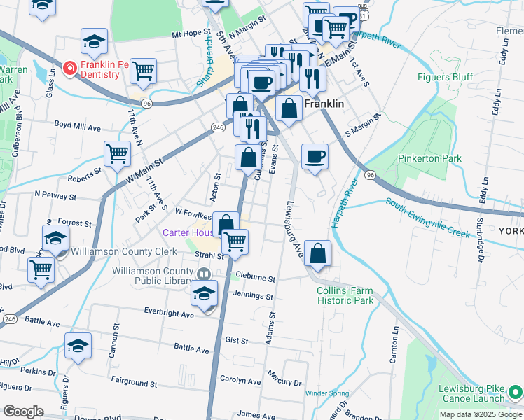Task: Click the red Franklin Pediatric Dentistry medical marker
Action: (69, 68)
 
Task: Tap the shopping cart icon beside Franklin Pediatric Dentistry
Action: (143, 69)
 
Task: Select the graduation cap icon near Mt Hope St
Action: (94, 42)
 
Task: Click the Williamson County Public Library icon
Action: (204, 274)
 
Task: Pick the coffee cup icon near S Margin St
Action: (315, 155)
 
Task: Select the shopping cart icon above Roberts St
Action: (117, 153)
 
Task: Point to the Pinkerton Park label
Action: (429, 158)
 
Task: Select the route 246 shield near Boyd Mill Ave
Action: (219, 127)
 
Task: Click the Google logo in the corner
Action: (23, 412)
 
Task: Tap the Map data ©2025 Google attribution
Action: (480, 414)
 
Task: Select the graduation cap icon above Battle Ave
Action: (78, 345)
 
